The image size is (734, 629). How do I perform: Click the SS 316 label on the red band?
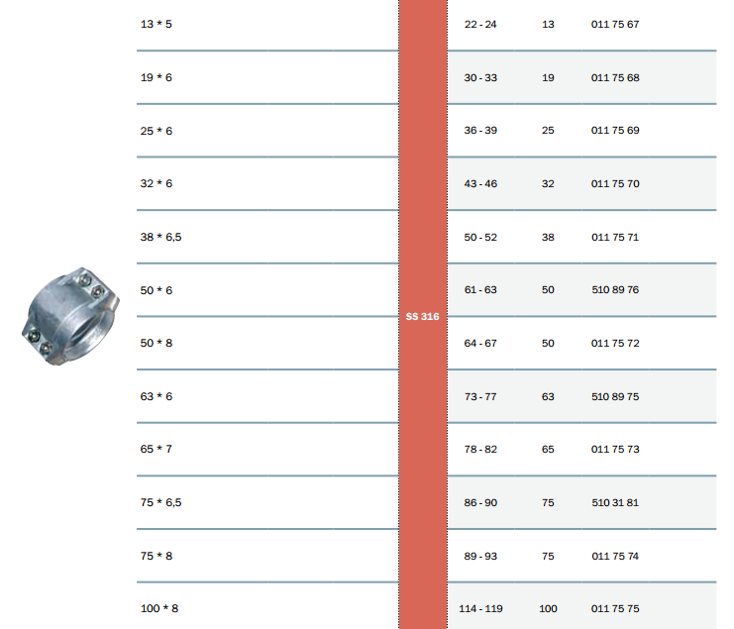click(x=422, y=316)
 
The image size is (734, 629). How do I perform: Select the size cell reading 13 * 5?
click(x=156, y=24)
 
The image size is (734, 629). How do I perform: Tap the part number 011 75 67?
click(x=614, y=25)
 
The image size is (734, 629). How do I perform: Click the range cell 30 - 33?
click(x=480, y=77)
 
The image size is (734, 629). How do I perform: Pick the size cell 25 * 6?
click(x=156, y=131)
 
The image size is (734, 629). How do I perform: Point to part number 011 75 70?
click(x=614, y=183)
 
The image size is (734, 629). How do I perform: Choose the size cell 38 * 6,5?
click(x=160, y=237)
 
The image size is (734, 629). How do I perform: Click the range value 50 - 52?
click(x=480, y=238)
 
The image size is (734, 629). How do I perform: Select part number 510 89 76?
click(x=614, y=289)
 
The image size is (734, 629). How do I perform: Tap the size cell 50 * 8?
click(x=156, y=343)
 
